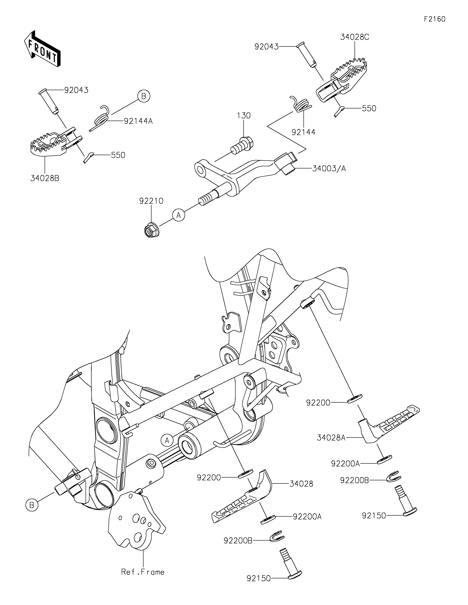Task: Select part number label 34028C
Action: pos(355,37)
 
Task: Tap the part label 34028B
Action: pos(45,178)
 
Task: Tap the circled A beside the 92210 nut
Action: pos(179,215)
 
